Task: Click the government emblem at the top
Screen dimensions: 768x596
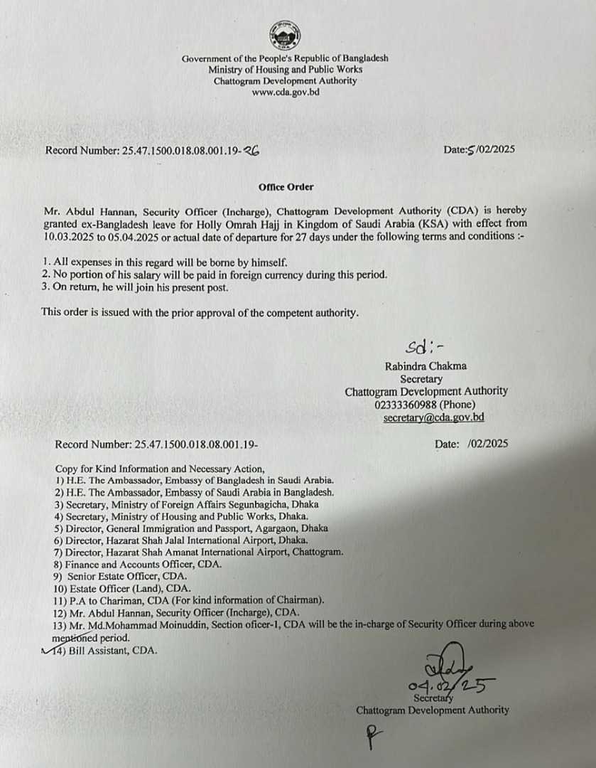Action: pyautogui.click(x=285, y=35)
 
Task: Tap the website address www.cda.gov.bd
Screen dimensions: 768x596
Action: pyautogui.click(x=285, y=92)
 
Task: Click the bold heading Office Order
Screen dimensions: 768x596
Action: pyautogui.click(x=286, y=187)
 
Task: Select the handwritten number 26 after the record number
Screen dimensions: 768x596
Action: pyautogui.click(x=251, y=150)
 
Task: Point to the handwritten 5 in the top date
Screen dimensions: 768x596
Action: pyautogui.click(x=469, y=150)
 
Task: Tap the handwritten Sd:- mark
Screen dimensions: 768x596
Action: pyautogui.click(x=425, y=348)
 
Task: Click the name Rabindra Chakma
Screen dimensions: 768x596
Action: pyautogui.click(x=426, y=367)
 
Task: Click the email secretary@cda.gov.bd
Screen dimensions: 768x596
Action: pyautogui.click(x=433, y=417)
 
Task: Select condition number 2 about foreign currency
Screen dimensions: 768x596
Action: pyautogui.click(x=214, y=274)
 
